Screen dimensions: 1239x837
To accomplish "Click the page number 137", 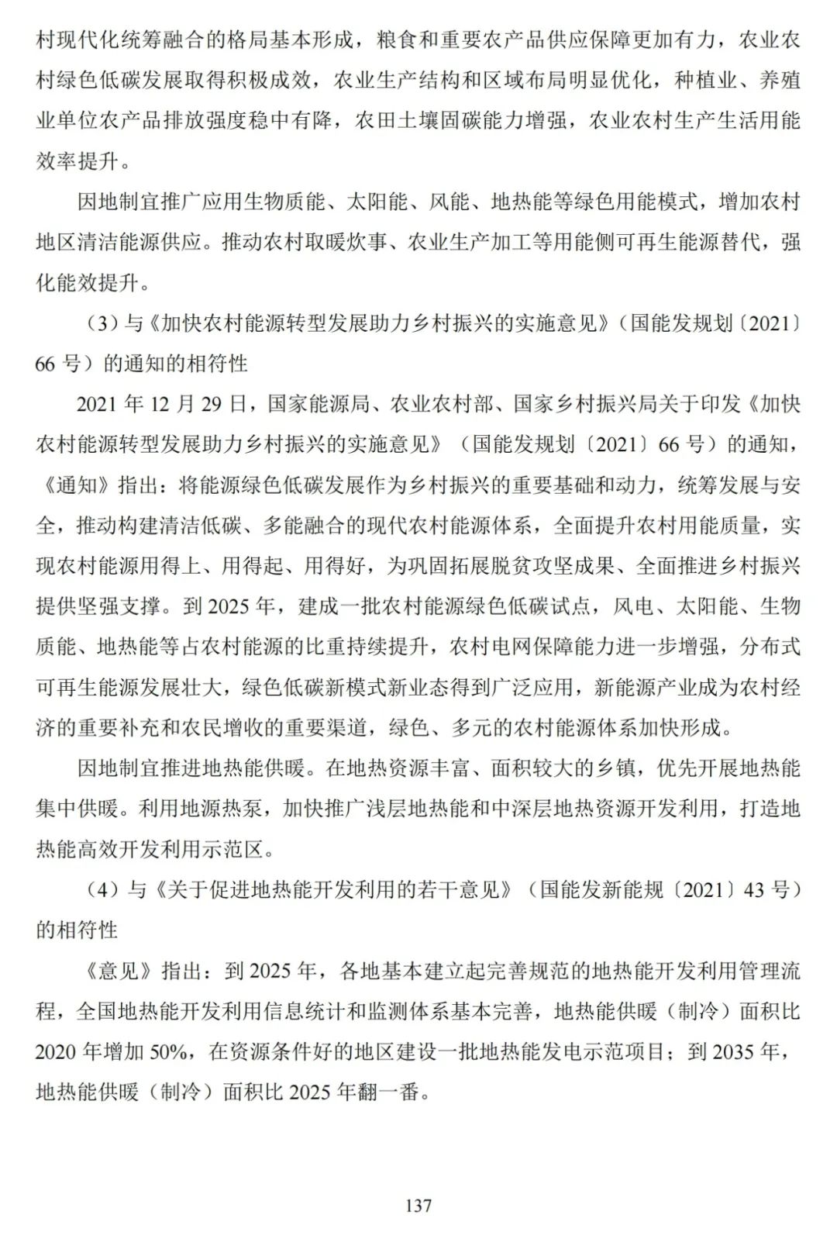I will (418, 1206).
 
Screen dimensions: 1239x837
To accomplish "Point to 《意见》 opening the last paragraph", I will (115, 971).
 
